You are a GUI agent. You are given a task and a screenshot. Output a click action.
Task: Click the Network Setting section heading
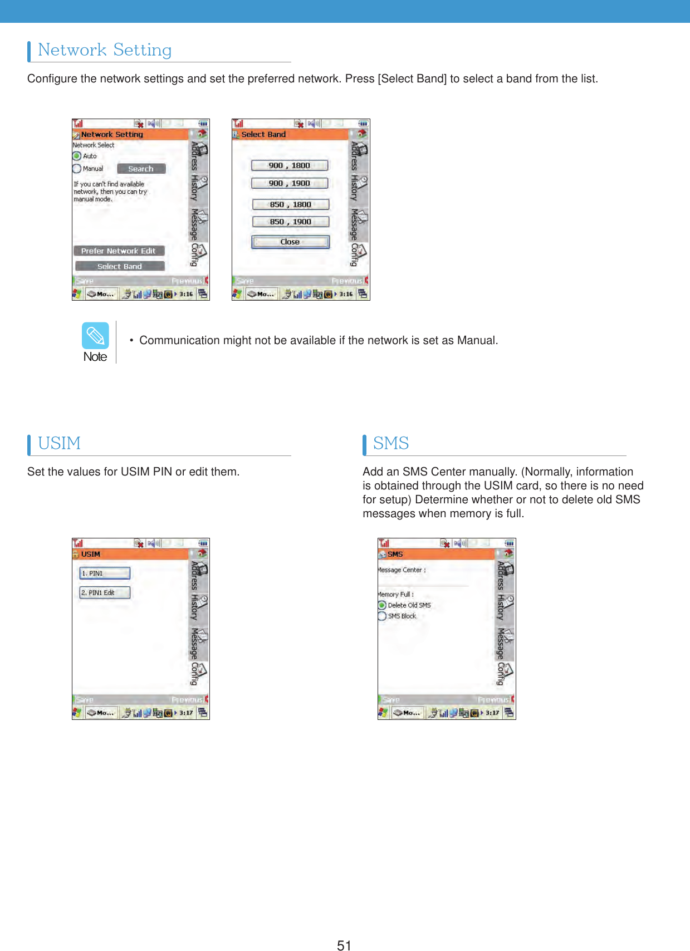(x=105, y=50)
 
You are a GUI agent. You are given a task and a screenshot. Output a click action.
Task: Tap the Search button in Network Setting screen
(x=141, y=169)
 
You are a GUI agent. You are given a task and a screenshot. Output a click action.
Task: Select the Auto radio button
(x=77, y=156)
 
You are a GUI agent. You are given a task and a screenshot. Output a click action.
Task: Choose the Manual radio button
(x=77, y=169)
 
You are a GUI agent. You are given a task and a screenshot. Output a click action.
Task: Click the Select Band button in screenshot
(x=120, y=266)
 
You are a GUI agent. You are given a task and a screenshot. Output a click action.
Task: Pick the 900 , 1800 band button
(x=290, y=165)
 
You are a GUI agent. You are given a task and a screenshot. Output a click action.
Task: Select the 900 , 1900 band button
(x=290, y=183)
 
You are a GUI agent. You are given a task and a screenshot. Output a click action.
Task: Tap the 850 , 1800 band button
(x=291, y=204)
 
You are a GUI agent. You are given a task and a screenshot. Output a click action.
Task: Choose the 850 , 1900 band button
(x=291, y=222)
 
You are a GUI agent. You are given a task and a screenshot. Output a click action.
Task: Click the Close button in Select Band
(x=290, y=242)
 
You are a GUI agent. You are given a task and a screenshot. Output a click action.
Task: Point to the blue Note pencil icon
(x=95, y=336)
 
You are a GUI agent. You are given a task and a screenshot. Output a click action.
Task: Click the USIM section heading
(x=59, y=443)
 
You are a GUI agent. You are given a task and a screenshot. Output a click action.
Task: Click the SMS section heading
(x=391, y=443)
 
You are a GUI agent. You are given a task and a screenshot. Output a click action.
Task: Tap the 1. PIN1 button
(x=105, y=573)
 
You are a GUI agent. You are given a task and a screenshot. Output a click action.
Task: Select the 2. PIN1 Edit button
(x=105, y=592)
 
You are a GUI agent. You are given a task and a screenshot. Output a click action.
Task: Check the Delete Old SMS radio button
(x=382, y=605)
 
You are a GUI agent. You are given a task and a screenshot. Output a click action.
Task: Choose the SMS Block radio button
(x=382, y=616)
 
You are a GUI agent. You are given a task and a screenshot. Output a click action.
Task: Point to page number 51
(x=344, y=944)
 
